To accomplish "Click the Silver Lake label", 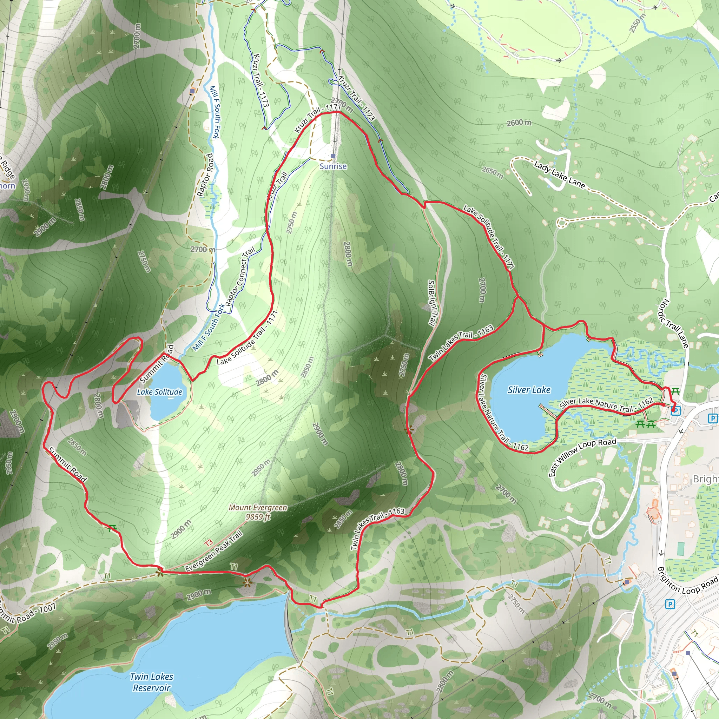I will pyautogui.click(x=529, y=390).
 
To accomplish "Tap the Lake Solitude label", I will pyautogui.click(x=160, y=392).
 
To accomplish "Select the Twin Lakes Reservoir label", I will pyautogui.click(x=151, y=682).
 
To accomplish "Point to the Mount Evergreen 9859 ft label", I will pyautogui.click(x=258, y=512).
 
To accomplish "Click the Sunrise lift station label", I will pyautogui.click(x=333, y=166).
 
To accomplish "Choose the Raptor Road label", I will pyautogui.click(x=205, y=174).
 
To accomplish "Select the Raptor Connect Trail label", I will pyautogui.click(x=240, y=276).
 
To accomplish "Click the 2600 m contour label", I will pyautogui.click(x=519, y=123).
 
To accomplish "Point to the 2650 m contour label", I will pyautogui.click(x=492, y=172).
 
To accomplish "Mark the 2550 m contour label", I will pyautogui.click(x=637, y=23).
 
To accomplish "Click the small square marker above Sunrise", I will pyautogui.click(x=333, y=156).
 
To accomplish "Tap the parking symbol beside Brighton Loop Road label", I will pyautogui.click(x=669, y=603).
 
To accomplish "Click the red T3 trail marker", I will pyautogui.click(x=209, y=543).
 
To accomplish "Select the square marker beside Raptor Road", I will pyautogui.click(x=192, y=91).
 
